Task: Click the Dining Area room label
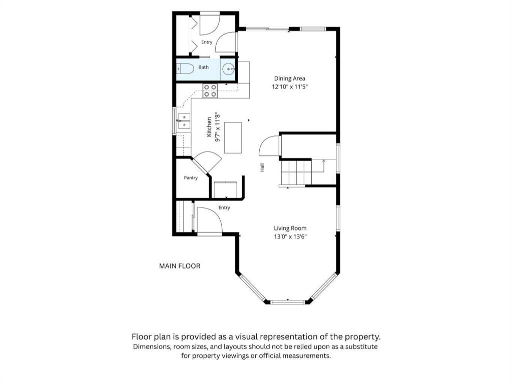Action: [x=290, y=78]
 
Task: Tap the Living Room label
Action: [x=290, y=228]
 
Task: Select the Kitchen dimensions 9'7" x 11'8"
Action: [x=218, y=127]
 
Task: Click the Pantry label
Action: [x=191, y=178]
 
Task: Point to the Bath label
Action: [x=203, y=67]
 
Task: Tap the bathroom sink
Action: [x=228, y=69]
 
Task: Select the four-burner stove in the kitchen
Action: [x=210, y=90]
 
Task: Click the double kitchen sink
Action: [x=184, y=120]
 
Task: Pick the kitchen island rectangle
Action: [x=233, y=137]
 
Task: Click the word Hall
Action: [x=262, y=167]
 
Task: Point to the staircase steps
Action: [x=296, y=172]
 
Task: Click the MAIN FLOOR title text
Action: [x=180, y=266]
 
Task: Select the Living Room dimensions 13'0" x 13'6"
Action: [x=290, y=236]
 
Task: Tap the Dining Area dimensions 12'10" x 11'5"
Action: [x=290, y=87]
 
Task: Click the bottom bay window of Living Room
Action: [x=288, y=302]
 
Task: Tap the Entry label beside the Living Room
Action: [x=224, y=207]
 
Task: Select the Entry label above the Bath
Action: [x=207, y=42]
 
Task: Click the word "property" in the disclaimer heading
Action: [x=363, y=336]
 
